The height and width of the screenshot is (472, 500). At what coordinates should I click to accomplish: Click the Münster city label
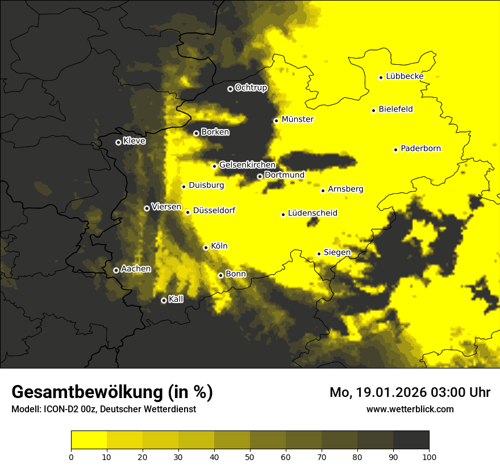297,119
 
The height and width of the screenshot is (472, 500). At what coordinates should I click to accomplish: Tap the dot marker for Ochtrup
230,89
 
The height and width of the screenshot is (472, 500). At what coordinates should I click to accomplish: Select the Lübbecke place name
405,76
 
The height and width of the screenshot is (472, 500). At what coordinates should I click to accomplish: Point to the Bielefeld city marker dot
373,110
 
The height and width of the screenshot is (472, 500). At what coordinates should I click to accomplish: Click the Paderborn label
420,148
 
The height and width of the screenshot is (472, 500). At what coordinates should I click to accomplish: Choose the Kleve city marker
118,142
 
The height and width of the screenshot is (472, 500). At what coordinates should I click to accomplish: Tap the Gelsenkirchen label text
247,165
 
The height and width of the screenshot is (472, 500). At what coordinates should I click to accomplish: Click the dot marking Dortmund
260,176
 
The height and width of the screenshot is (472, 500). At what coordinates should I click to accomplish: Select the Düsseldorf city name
214,210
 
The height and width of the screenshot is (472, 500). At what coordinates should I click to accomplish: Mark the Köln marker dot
206,247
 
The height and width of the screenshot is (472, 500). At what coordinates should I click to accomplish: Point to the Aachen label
136,268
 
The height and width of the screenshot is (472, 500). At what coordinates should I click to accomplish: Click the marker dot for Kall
164,300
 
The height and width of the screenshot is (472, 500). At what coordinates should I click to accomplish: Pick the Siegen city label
337,252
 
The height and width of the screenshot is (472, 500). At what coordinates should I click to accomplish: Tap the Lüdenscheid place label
312,213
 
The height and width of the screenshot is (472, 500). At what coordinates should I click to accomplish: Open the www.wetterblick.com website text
410,409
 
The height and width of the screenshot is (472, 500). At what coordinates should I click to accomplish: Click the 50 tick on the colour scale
250,456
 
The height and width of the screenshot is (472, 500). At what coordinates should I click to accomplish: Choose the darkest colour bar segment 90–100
411,440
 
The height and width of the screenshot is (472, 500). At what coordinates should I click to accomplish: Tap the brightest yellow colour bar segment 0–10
89,440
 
